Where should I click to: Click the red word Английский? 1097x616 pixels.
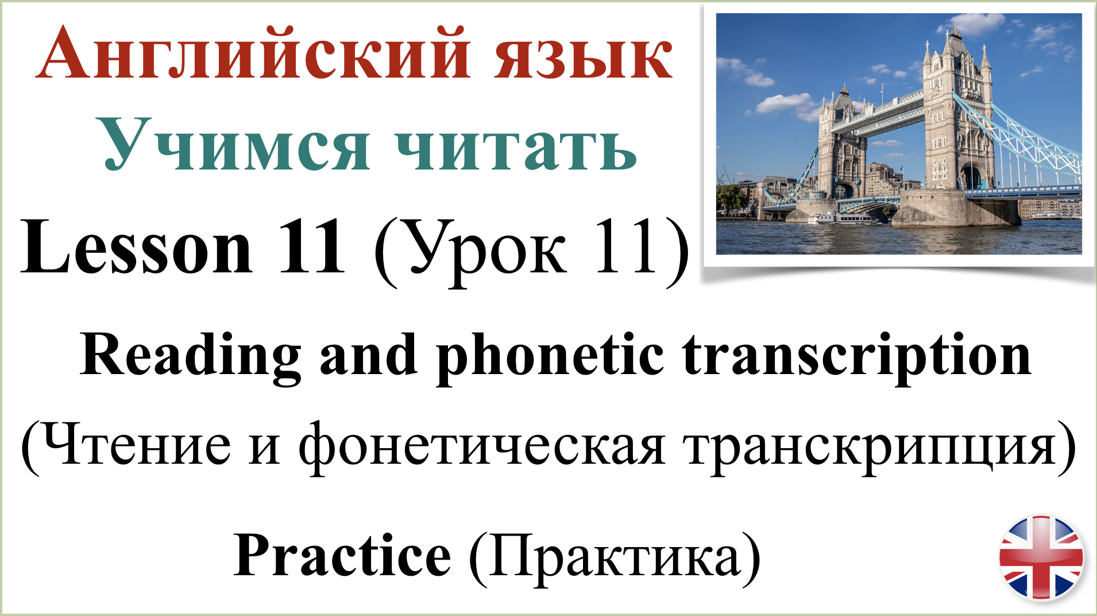coord(253,55)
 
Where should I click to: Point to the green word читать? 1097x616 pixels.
coord(516,146)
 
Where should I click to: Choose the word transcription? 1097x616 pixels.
coord(856,356)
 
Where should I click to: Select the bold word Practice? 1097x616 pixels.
coord(342,555)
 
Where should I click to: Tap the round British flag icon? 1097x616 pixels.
coord(1041,558)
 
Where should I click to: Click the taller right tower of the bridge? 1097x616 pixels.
coord(957,115)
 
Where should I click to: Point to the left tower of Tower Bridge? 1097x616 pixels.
coord(841,149)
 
